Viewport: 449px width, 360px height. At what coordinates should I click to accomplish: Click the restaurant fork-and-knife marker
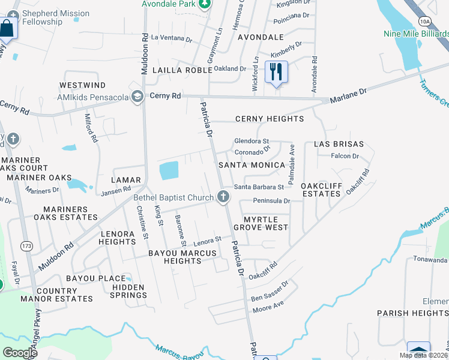276,72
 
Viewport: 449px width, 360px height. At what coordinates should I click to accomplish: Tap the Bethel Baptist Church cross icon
223,197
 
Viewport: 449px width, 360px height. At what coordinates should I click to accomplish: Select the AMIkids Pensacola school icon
138,97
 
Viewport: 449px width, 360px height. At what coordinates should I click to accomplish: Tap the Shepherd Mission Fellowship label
55,17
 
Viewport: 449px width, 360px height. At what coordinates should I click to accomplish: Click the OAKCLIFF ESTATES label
321,190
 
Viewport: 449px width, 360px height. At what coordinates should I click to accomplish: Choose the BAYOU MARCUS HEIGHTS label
182,257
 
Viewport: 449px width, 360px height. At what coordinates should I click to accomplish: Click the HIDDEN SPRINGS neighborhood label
129,291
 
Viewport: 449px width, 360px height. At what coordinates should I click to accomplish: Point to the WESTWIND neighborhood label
82,86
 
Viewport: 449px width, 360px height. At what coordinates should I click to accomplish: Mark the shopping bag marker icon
7,28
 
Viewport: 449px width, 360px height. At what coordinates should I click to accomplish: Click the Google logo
20,353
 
